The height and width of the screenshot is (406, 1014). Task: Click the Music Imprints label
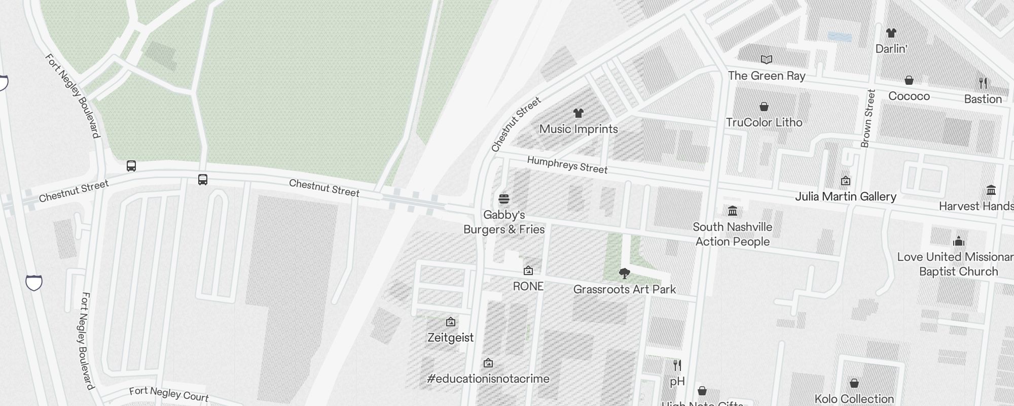pyautogui.click(x=578, y=129)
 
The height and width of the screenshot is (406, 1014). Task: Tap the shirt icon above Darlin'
pyautogui.click(x=891, y=33)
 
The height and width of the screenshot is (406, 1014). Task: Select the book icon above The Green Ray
pyautogui.click(x=767, y=60)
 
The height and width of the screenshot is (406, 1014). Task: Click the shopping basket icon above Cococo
pyautogui.click(x=909, y=81)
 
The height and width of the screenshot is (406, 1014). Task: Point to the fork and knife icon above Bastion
pyautogui.click(x=983, y=83)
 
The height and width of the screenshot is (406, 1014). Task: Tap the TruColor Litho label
pyautogui.click(x=764, y=122)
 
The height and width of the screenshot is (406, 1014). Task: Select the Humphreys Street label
pyautogui.click(x=567, y=164)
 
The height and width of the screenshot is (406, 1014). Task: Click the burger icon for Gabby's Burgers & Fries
pyautogui.click(x=504, y=199)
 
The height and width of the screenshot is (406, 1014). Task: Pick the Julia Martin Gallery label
pyautogui.click(x=846, y=196)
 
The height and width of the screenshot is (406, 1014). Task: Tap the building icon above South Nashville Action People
pyautogui.click(x=733, y=211)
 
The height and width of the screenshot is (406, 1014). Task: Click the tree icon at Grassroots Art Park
pyautogui.click(x=625, y=274)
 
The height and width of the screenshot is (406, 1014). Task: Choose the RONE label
pyautogui.click(x=528, y=286)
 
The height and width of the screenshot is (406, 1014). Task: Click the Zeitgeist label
pyautogui.click(x=451, y=337)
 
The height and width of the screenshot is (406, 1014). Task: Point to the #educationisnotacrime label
pyautogui.click(x=488, y=379)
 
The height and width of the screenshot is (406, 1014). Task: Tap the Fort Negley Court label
pyautogui.click(x=169, y=394)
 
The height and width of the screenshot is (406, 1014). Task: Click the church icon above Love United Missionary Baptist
pyautogui.click(x=958, y=241)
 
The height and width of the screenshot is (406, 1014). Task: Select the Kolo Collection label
pyautogui.click(x=854, y=399)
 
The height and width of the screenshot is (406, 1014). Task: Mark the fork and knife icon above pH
pyautogui.click(x=677, y=365)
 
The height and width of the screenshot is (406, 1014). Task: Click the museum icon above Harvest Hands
pyautogui.click(x=991, y=190)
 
